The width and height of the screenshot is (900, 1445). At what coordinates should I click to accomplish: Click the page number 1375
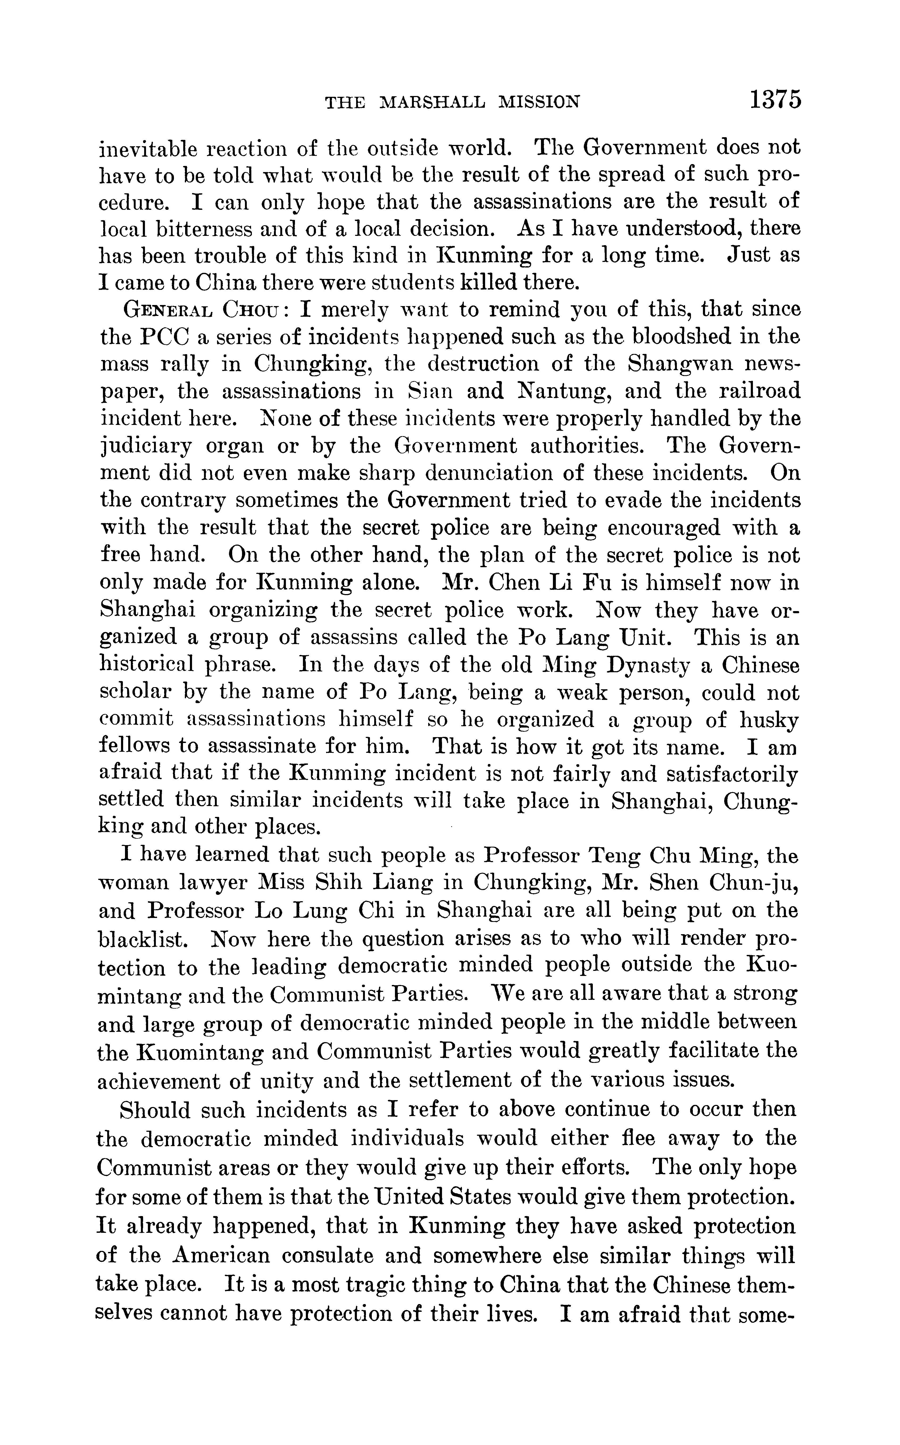point(775,99)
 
